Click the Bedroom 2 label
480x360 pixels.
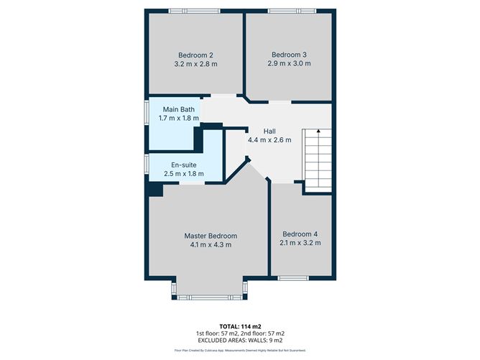pyautogui.click(x=195, y=55)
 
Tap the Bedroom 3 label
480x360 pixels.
pyautogui.click(x=289, y=54)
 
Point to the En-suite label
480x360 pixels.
pyautogui.click(x=183, y=165)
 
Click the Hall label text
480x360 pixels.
pyautogui.click(x=269, y=131)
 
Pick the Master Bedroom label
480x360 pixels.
pyautogui.click(x=210, y=236)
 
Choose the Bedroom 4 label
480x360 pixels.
pyautogui.click(x=300, y=234)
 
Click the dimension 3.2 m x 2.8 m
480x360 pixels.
pyautogui.click(x=195, y=64)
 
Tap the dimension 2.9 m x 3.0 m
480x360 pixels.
pyautogui.click(x=289, y=63)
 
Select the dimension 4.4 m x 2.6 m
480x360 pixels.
pyautogui.click(x=269, y=140)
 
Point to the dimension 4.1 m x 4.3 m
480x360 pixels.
pyautogui.click(x=210, y=245)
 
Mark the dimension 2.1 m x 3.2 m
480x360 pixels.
pyautogui.click(x=300, y=243)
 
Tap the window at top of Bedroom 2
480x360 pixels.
pyautogui.click(x=194, y=10)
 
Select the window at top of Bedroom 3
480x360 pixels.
pyautogui.click(x=290, y=10)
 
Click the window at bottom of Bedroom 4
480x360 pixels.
pyautogui.click(x=293, y=277)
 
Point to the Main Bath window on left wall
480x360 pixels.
pyautogui.click(x=147, y=115)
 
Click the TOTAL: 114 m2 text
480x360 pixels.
pyautogui.click(x=239, y=326)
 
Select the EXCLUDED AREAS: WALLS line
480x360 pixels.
pyautogui.click(x=239, y=341)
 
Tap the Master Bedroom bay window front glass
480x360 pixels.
pyautogui.click(x=210, y=296)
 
